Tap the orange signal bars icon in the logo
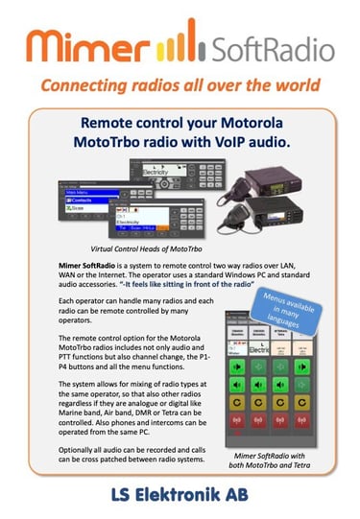tap(175, 40)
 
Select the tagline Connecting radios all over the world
tap(180, 85)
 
